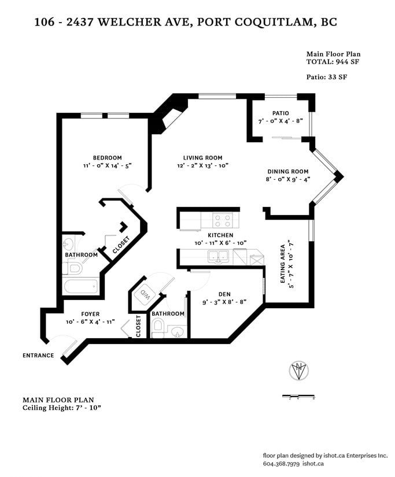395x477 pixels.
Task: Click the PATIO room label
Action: [x=280, y=113]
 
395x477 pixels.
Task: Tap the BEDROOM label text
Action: [x=108, y=158]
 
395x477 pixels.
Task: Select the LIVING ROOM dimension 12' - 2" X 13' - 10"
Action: [x=202, y=166]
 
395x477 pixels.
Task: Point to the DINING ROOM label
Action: [x=288, y=172]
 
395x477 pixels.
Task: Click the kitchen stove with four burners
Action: [x=223, y=220]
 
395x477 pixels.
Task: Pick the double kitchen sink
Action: [x=219, y=257]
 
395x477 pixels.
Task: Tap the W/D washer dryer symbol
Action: [x=144, y=294]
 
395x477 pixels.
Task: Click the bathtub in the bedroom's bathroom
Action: [x=81, y=287]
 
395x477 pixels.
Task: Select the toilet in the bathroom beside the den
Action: [x=157, y=328]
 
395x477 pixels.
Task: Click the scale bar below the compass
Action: [x=298, y=397]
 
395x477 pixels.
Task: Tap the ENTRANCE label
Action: [x=38, y=356]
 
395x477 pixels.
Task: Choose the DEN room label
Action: [x=224, y=294]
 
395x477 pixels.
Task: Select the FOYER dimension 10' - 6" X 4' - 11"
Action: [x=90, y=322]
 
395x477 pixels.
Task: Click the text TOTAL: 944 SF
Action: [x=333, y=62]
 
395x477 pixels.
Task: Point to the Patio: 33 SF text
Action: [x=327, y=77]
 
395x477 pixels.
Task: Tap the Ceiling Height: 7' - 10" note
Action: [x=62, y=408]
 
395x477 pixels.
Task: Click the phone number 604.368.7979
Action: [x=282, y=464]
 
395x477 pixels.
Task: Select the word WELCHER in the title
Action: [x=130, y=22]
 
